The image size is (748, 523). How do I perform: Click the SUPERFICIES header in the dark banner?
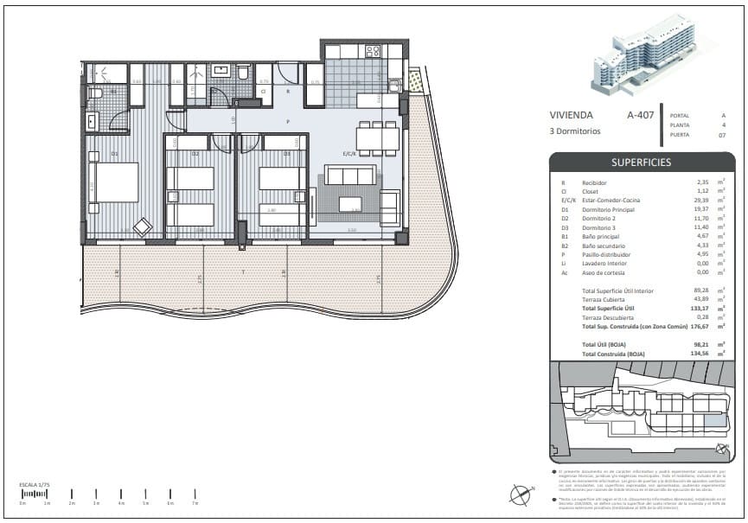(x=641, y=162)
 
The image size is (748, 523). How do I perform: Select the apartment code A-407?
(x=640, y=115)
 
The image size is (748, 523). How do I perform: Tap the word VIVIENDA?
(x=571, y=115)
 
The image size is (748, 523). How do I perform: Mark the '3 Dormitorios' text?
(x=576, y=131)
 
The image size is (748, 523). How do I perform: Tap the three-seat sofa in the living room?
(x=349, y=176)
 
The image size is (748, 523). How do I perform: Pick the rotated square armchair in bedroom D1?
(x=143, y=227)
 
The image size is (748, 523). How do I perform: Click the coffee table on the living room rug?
(x=350, y=204)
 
